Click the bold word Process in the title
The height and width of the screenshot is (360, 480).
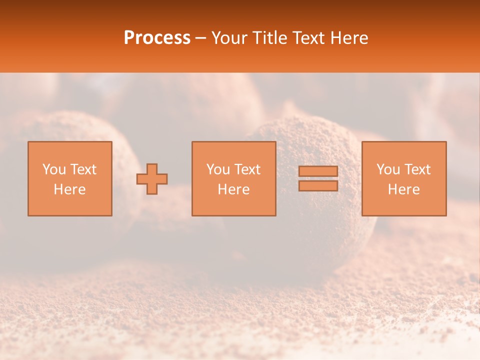click(157, 38)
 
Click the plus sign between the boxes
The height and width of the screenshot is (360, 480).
click(152, 179)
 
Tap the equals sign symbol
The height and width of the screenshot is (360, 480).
click(318, 178)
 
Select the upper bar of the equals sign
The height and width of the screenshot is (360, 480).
click(318, 171)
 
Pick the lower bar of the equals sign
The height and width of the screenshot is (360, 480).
click(318, 186)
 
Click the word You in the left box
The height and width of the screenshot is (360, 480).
click(54, 169)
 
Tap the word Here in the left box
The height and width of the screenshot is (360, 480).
click(69, 189)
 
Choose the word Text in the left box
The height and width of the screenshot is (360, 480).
click(83, 169)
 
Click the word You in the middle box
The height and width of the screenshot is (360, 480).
click(218, 169)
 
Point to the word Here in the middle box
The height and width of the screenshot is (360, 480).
click(233, 189)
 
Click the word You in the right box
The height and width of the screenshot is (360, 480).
click(388, 169)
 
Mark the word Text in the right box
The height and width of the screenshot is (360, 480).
click(417, 169)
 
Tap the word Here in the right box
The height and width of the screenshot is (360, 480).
click(403, 189)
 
